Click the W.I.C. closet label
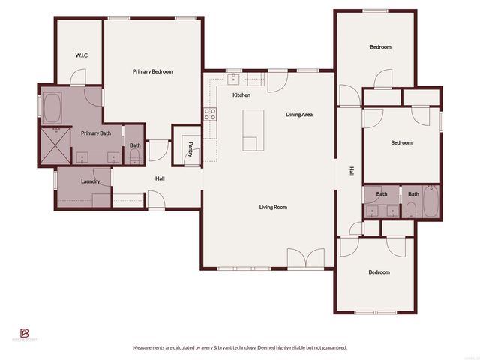coord(82,55)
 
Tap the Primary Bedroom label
coord(153,71)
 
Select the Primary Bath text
coord(96,133)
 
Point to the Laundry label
coord(91,181)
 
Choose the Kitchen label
coord(241,95)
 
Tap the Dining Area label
coord(299,115)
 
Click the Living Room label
coord(273,207)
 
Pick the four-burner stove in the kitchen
coord(211,114)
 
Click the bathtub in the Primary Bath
coord(53,109)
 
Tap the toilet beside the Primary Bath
coord(135,156)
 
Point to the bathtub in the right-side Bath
coord(430,201)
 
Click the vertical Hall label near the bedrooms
coord(350,172)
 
